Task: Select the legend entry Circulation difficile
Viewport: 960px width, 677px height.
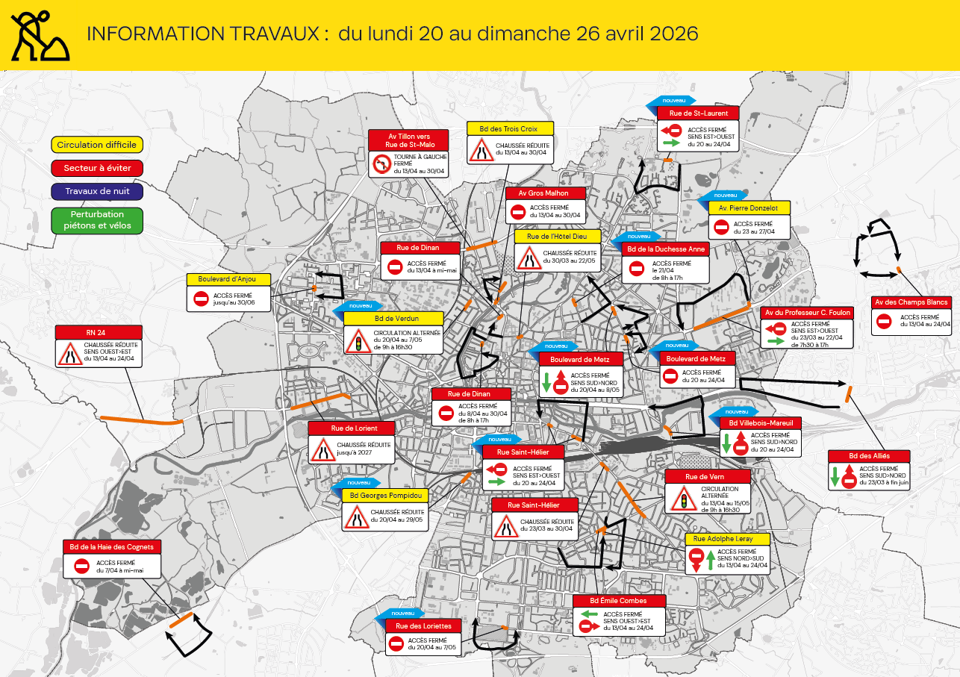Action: coord(87,145)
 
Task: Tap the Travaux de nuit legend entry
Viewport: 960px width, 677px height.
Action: coord(97,192)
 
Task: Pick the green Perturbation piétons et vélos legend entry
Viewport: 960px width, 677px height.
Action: coord(97,219)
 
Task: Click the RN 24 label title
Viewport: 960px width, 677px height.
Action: coord(99,332)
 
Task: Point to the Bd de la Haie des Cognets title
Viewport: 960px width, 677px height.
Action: coord(111,547)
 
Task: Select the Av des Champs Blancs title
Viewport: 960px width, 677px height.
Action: coord(911,302)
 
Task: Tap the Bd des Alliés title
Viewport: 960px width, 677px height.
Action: coord(869,456)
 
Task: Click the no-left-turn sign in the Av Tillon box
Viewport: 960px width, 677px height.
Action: coord(382,163)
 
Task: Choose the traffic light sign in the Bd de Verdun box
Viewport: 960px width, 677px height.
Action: coord(358,340)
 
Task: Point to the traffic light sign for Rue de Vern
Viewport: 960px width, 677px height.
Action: coord(680,498)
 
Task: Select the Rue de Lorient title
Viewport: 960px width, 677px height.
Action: coord(354,428)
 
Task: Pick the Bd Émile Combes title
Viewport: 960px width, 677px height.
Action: coord(619,601)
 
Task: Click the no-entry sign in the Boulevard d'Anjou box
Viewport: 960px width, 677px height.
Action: coord(201,299)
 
